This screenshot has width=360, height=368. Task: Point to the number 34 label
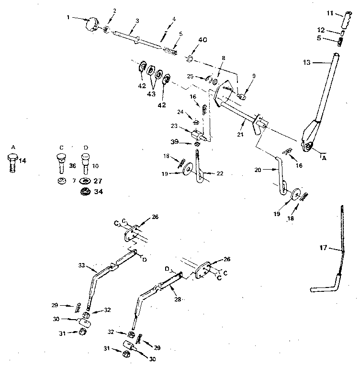click(98, 192)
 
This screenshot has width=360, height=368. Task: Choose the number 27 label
click(98, 181)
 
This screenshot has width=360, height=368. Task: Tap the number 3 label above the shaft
click(137, 21)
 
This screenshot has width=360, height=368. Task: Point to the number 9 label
click(254, 75)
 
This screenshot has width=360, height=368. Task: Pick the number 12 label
click(322, 30)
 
